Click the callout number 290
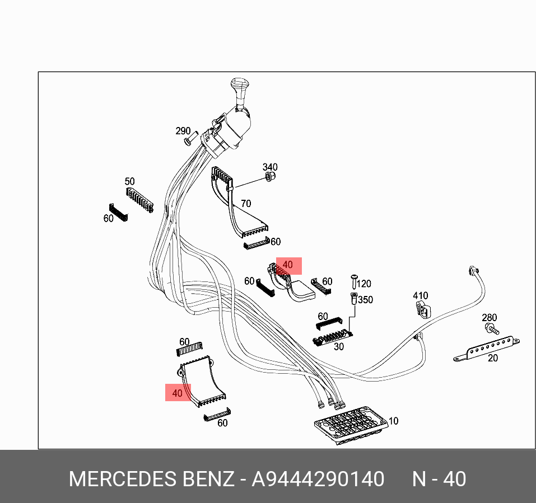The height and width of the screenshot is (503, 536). click(x=183, y=131)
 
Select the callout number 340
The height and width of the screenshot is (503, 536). click(x=271, y=167)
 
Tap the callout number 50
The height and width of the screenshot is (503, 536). click(x=129, y=181)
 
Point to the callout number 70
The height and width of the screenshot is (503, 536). click(x=245, y=204)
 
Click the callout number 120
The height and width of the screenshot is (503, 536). click(x=364, y=284)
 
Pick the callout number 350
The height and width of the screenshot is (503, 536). click(x=365, y=300)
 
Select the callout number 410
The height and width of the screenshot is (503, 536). click(x=420, y=296)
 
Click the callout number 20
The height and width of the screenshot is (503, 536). click(x=492, y=358)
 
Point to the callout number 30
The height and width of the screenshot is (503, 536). click(x=338, y=347)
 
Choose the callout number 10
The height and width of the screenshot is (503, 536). click(x=393, y=421)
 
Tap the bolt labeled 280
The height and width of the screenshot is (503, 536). click(x=490, y=328)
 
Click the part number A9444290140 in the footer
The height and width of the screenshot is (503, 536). click(x=318, y=480)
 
